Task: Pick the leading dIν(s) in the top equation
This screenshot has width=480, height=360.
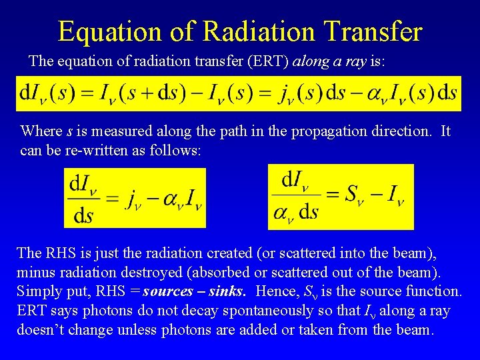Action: coord(50,94)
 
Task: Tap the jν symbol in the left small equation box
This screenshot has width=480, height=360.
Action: coord(135,198)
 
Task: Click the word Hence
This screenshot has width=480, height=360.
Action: coord(275,292)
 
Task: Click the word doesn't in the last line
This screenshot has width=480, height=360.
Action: coord(45,329)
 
